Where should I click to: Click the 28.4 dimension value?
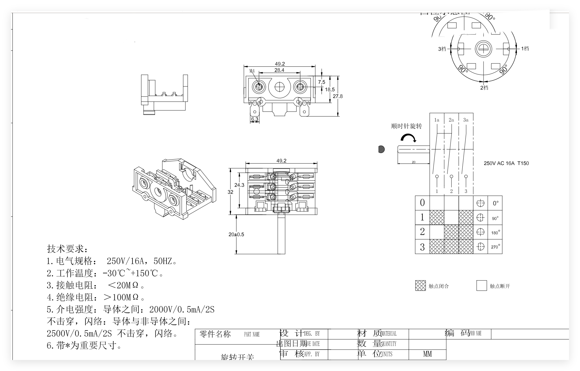click(279, 70)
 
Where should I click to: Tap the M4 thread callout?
click(252, 71)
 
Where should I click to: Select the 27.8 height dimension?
click(338, 96)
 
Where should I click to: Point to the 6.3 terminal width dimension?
click(255, 119)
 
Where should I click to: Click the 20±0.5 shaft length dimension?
click(236, 234)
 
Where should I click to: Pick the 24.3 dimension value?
click(239, 185)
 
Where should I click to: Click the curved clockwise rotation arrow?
click(408, 138)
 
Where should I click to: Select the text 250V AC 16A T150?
click(506, 163)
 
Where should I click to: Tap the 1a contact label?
click(436, 120)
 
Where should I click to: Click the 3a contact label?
click(466, 120)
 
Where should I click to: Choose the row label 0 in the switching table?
click(422, 203)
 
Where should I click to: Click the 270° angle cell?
click(495, 247)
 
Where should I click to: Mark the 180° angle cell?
click(495, 233)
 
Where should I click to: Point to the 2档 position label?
click(484, 88)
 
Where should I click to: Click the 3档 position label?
click(442, 49)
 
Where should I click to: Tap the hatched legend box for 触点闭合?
click(420, 286)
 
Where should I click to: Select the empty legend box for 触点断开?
click(481, 286)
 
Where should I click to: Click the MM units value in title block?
click(427, 354)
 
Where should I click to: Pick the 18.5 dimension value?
click(330, 89)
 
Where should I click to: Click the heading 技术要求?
click(67, 249)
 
